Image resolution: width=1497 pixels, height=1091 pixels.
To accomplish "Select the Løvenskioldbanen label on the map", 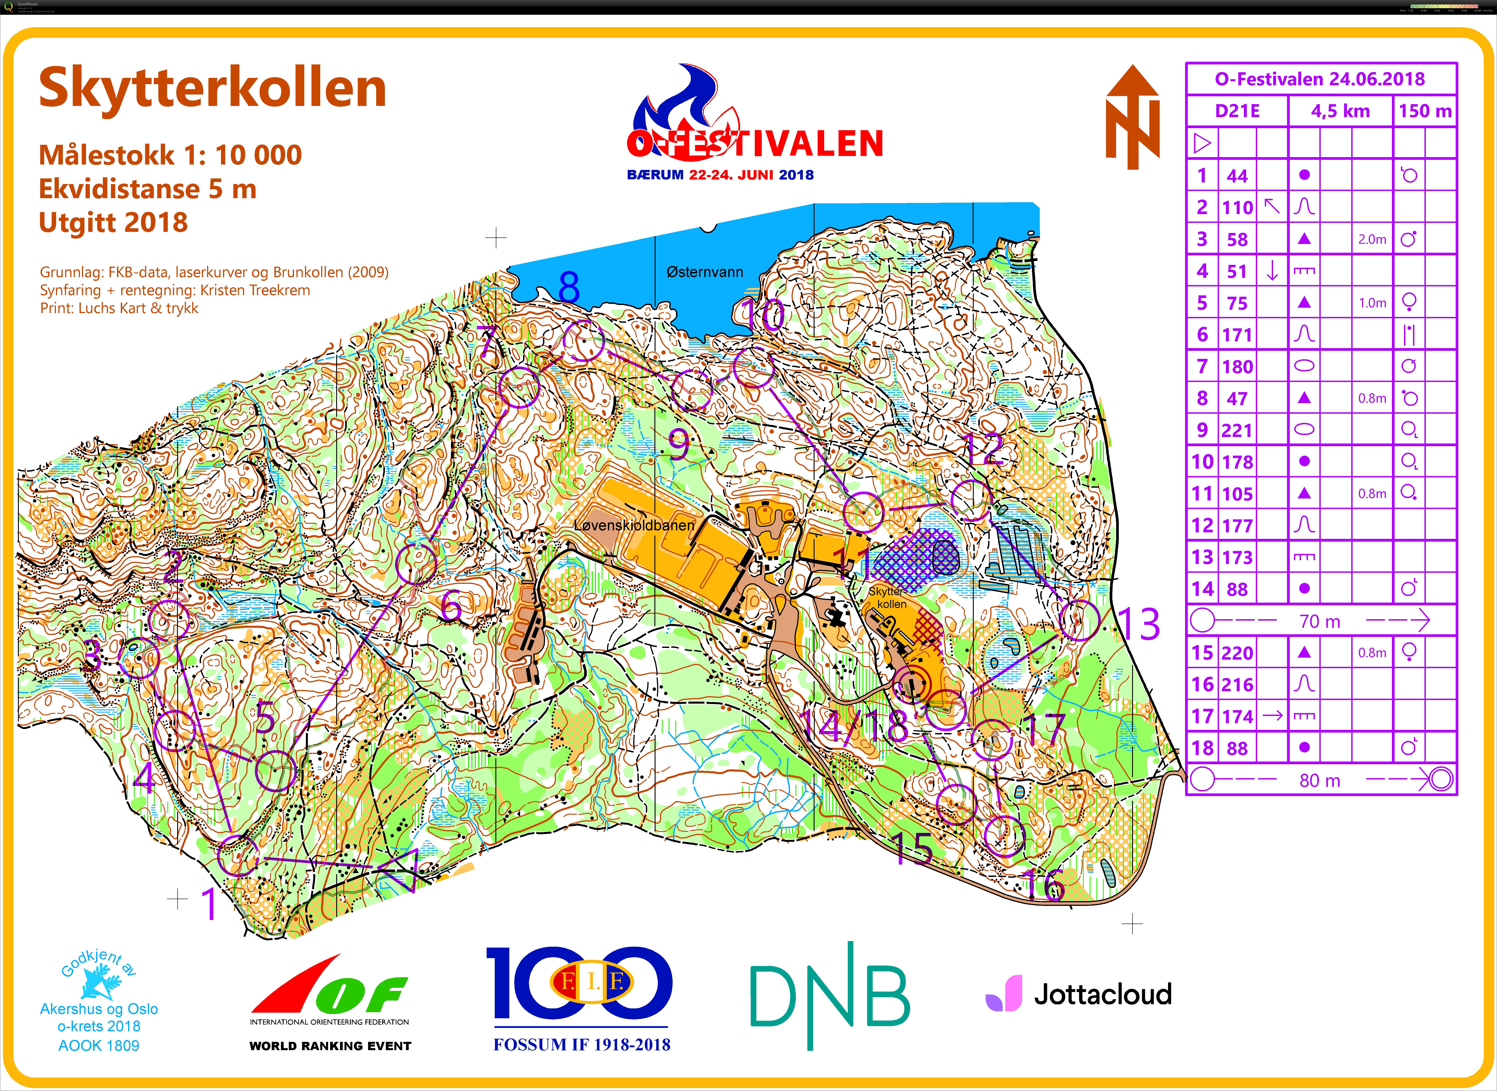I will tap(634, 526).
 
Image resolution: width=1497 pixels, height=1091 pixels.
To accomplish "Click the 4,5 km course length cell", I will tap(1340, 111).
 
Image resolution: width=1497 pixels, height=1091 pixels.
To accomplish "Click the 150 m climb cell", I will tap(1425, 111).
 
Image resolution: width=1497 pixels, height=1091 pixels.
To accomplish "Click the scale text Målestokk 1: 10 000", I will tap(170, 155).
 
